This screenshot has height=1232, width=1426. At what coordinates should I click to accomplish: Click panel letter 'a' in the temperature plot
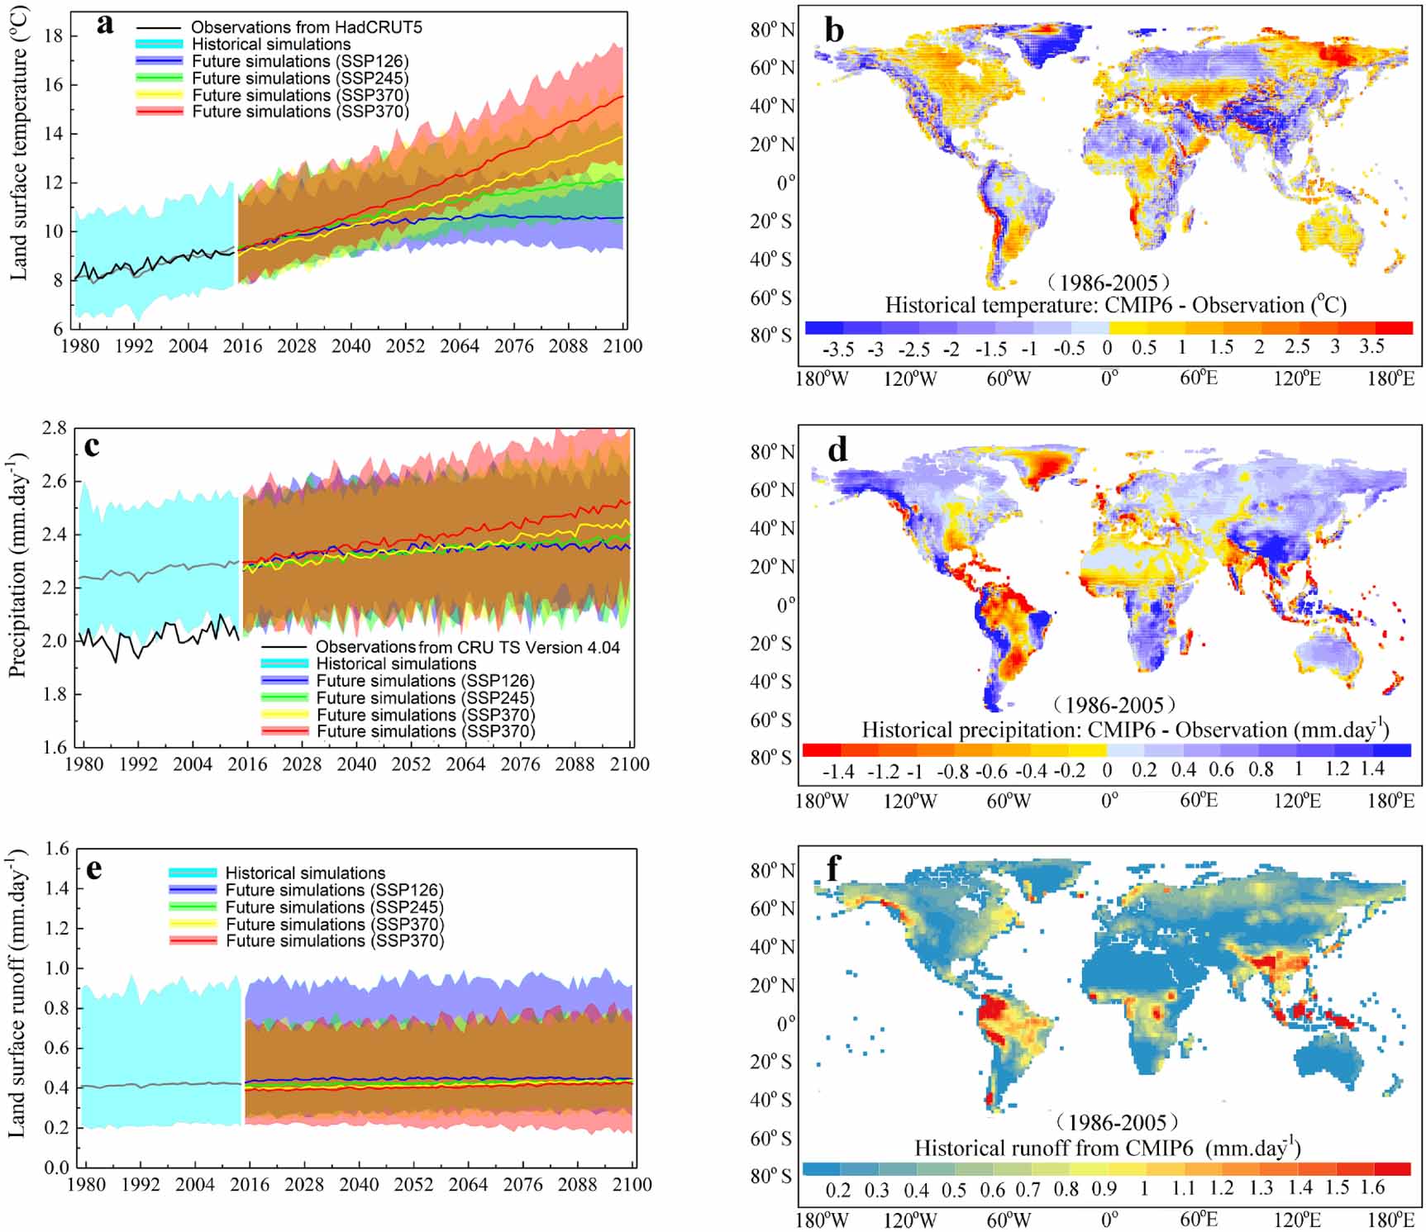click(105, 24)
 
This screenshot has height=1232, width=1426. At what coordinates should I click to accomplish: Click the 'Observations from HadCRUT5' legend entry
click(306, 27)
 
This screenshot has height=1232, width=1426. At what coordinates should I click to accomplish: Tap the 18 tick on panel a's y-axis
click(54, 36)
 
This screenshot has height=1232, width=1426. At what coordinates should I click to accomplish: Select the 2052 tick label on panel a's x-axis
click(405, 345)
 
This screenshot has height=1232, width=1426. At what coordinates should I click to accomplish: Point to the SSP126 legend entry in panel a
click(299, 61)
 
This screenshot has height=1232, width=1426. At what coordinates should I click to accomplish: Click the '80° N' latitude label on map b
click(772, 30)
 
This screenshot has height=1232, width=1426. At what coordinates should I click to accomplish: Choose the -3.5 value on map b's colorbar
click(838, 349)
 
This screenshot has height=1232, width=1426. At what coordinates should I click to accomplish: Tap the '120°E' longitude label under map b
click(1296, 378)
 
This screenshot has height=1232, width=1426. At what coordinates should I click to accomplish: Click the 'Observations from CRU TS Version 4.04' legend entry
click(467, 647)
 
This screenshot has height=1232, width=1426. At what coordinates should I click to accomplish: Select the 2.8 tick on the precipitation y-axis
click(55, 427)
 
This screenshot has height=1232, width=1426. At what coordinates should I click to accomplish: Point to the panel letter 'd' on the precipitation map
click(837, 450)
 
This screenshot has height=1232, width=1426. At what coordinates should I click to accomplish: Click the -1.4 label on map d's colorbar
click(838, 772)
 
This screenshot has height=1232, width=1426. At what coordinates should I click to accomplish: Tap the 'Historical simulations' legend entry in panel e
click(304, 873)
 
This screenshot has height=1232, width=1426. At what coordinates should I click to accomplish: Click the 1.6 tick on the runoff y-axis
click(56, 849)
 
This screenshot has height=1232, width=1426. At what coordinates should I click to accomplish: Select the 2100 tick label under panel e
click(632, 1184)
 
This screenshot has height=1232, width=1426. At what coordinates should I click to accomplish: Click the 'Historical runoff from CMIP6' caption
click(1107, 1148)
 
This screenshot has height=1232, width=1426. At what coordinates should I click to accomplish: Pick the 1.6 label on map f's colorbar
click(1372, 1188)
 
